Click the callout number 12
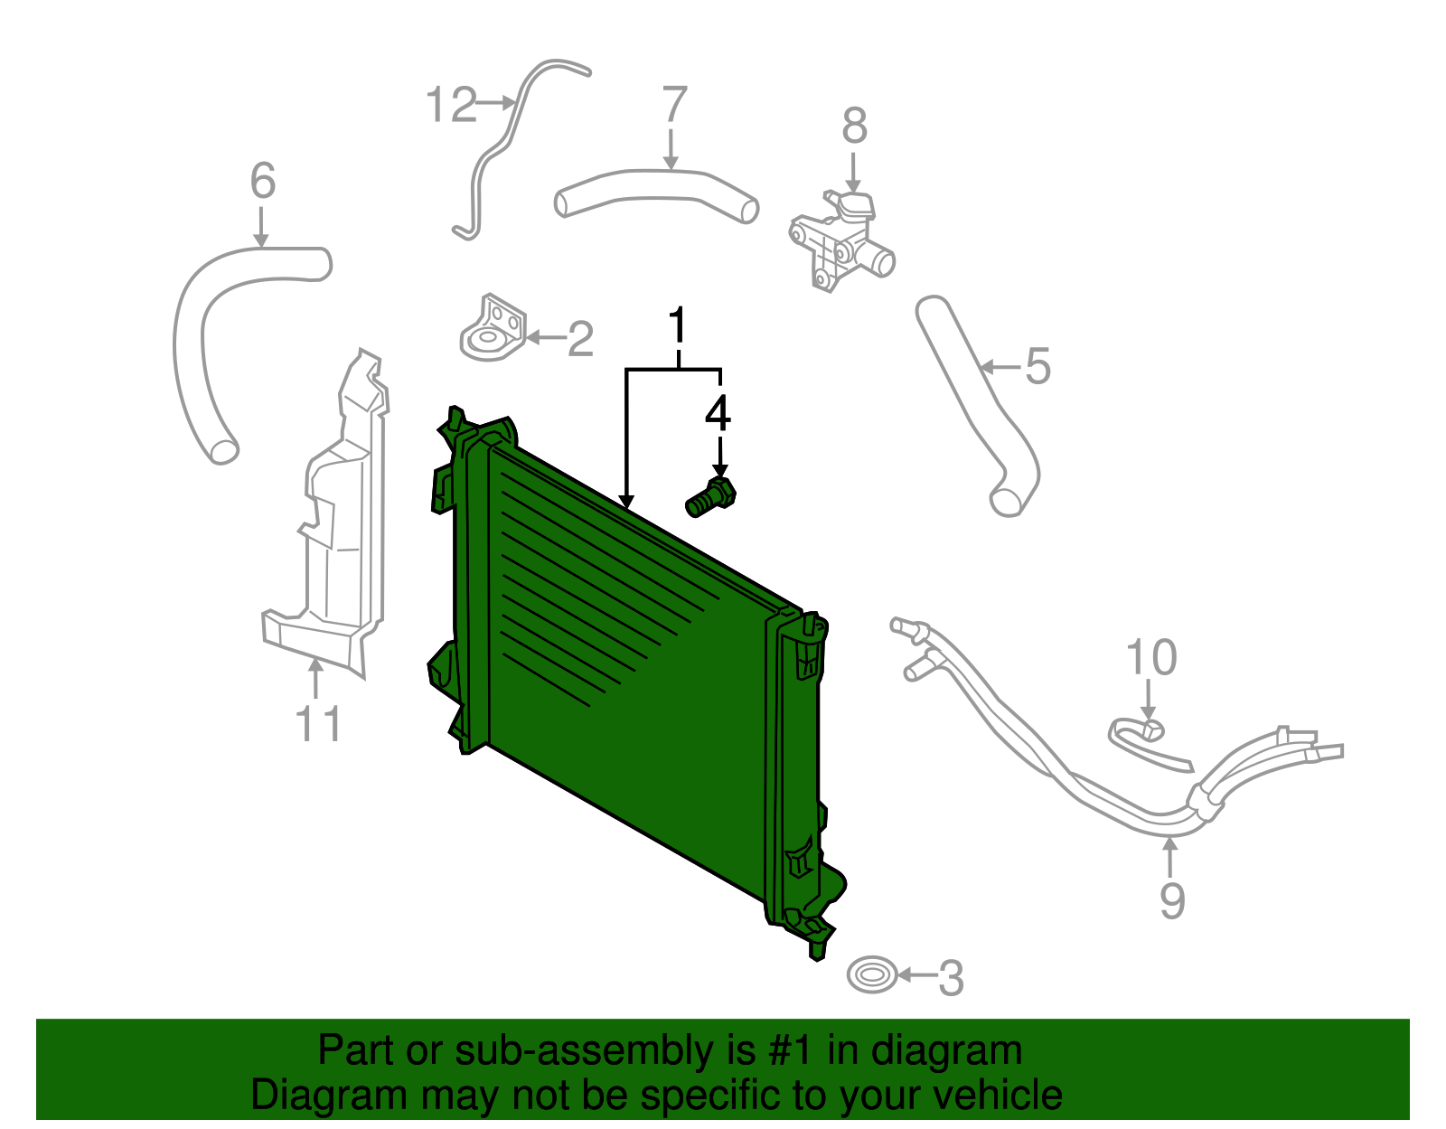point(451,105)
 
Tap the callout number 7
point(674,105)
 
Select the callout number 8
point(854,127)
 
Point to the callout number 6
point(262,182)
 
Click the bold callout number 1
point(678,326)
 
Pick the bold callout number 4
point(718,413)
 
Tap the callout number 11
point(319,724)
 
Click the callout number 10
point(1151,658)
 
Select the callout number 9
point(1171,900)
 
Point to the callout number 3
point(951,978)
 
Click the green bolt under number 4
point(711,498)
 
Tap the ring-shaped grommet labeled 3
point(872,975)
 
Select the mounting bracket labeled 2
point(493,330)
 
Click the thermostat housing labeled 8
point(840,240)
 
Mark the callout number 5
point(1038,367)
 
